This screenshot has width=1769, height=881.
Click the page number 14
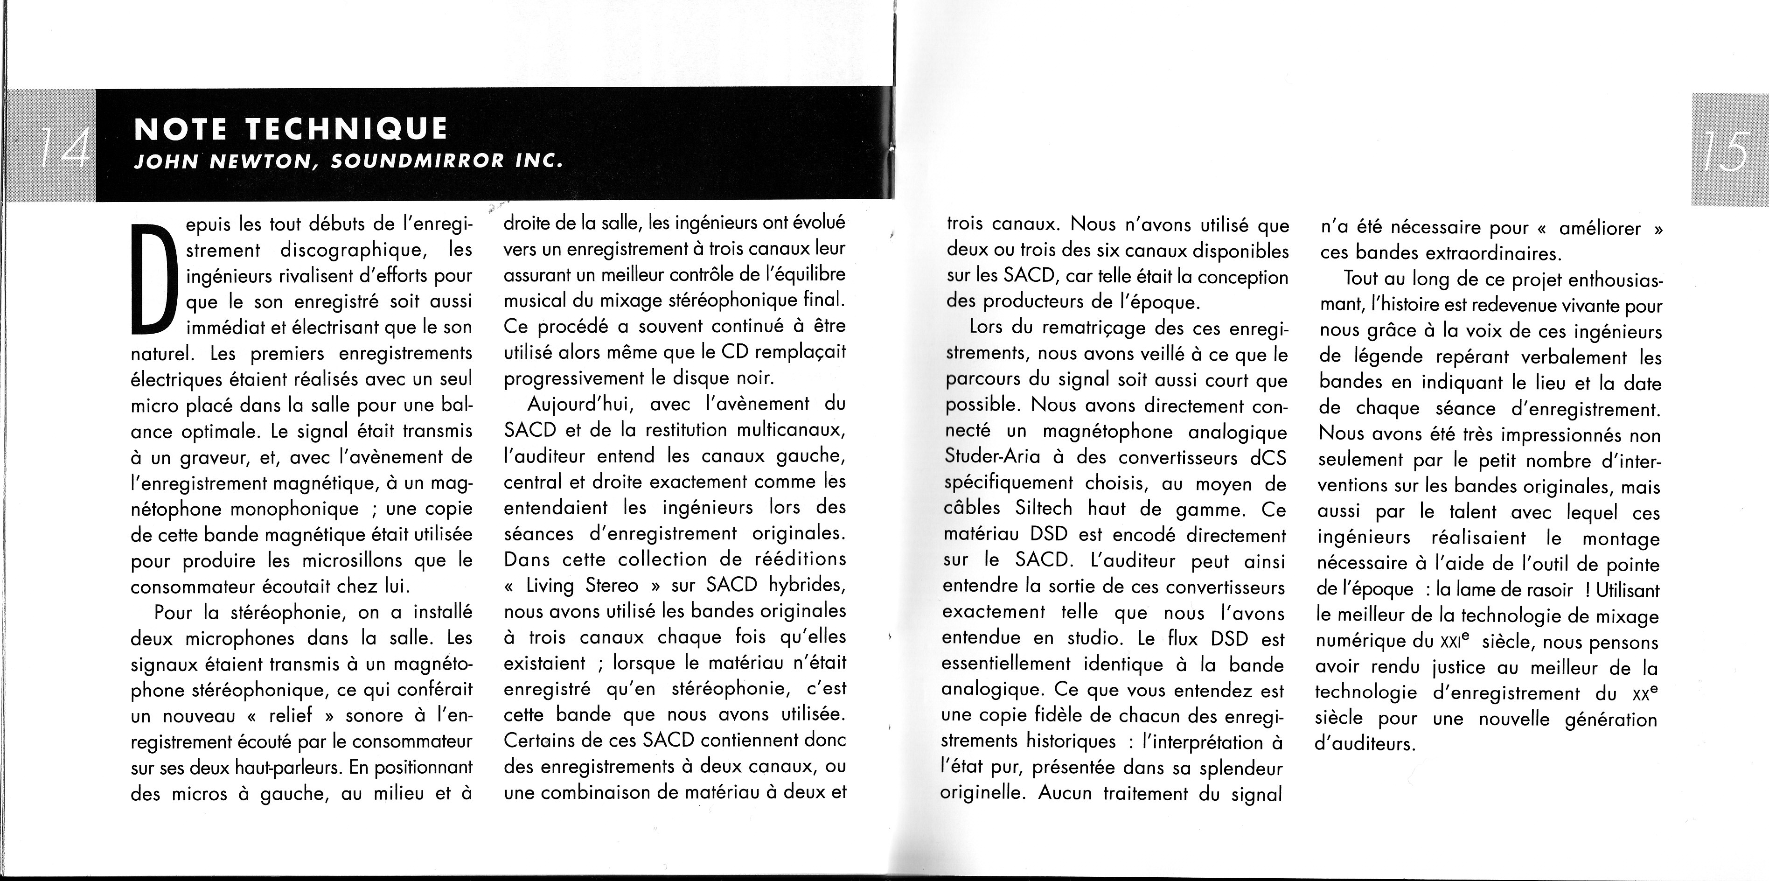(63, 146)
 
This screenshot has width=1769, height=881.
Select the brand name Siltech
(1043, 509)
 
